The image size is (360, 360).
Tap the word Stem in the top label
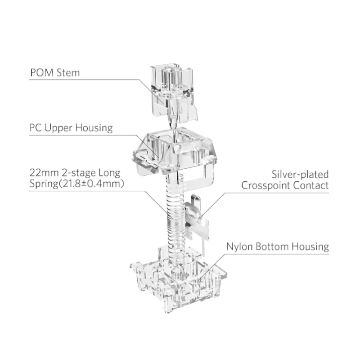[68, 72]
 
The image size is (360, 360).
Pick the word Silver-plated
[300, 174]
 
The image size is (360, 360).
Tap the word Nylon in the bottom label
[239, 247]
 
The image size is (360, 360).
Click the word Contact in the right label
[312, 185]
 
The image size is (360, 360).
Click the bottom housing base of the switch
[178, 279]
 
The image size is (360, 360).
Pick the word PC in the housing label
[36, 128]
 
